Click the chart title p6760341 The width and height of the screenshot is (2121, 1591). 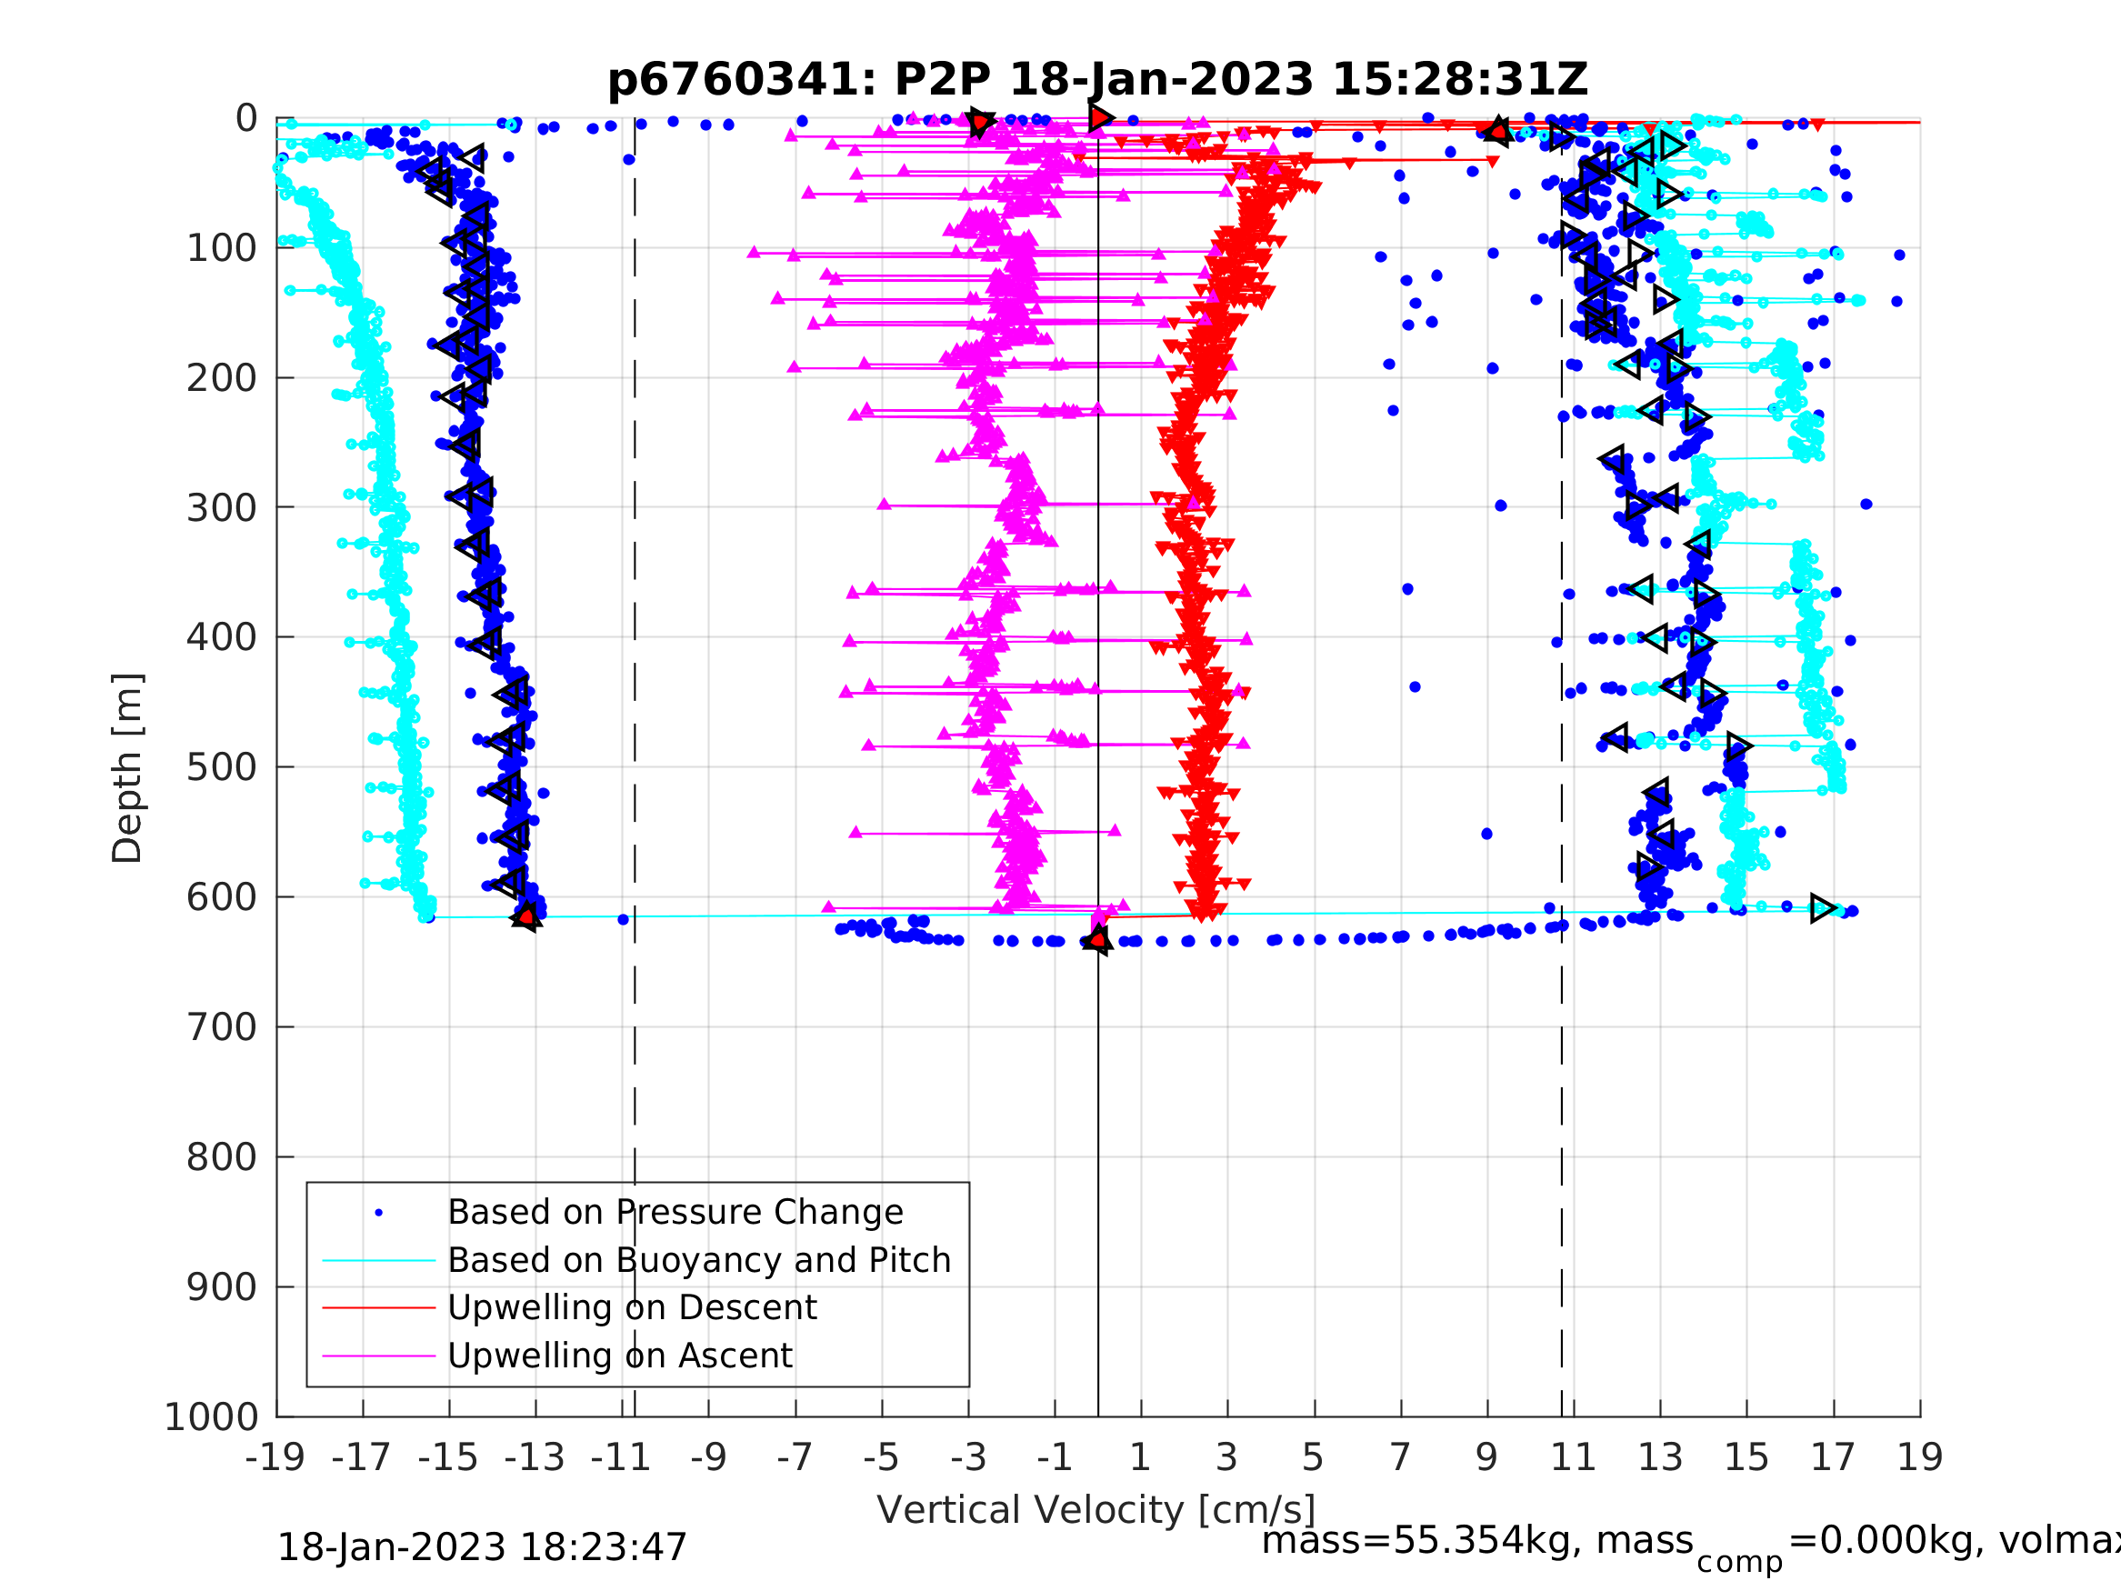click(1097, 80)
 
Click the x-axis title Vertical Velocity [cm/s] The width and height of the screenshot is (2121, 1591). click(1096, 1509)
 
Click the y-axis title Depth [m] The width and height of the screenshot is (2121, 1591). click(127, 768)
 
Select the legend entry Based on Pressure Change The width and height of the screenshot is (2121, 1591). click(675, 1212)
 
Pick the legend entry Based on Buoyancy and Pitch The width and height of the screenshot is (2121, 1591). click(699, 1260)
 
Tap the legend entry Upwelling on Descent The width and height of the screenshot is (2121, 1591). click(632, 1308)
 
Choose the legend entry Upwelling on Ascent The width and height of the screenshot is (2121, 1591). click(619, 1356)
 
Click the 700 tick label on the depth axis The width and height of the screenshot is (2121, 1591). click(222, 1027)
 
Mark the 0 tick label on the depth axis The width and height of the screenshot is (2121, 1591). click(246, 119)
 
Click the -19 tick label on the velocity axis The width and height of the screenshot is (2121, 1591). click(275, 1457)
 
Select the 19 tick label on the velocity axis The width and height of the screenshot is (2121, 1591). click(1920, 1457)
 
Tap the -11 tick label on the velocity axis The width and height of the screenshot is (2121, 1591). click(621, 1457)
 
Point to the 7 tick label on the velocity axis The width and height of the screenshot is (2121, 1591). click(1400, 1457)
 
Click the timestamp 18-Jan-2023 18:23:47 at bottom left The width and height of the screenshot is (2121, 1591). click(481, 1548)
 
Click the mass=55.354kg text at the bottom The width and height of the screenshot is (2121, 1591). click(1476, 1541)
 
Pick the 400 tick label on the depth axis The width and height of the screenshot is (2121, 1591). click(222, 636)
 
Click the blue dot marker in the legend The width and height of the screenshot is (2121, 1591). click(379, 1213)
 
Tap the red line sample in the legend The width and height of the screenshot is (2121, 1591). click(379, 1308)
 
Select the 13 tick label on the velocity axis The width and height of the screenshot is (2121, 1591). click(1660, 1457)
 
